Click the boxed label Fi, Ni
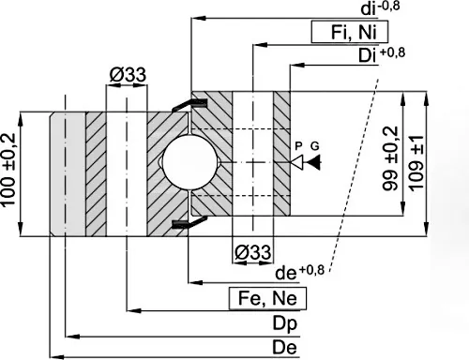click(350, 32)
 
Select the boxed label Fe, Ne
click(267, 298)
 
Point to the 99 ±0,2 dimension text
click(390, 158)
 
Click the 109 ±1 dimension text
click(416, 163)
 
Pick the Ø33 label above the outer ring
click(128, 75)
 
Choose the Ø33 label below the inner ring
click(252, 252)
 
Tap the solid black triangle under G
click(313, 162)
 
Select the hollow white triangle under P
click(297, 162)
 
